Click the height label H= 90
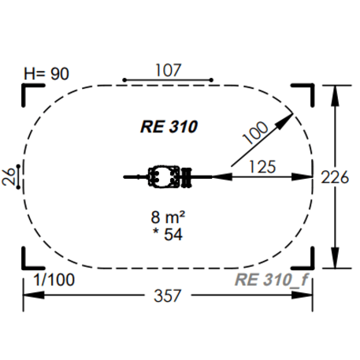46,74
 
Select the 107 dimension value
169,70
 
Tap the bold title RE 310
169,127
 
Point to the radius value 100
255,132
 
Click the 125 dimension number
262,167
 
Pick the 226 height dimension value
335,177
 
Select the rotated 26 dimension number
8,176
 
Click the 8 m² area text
168,217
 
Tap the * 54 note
168,234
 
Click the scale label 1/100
54,280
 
